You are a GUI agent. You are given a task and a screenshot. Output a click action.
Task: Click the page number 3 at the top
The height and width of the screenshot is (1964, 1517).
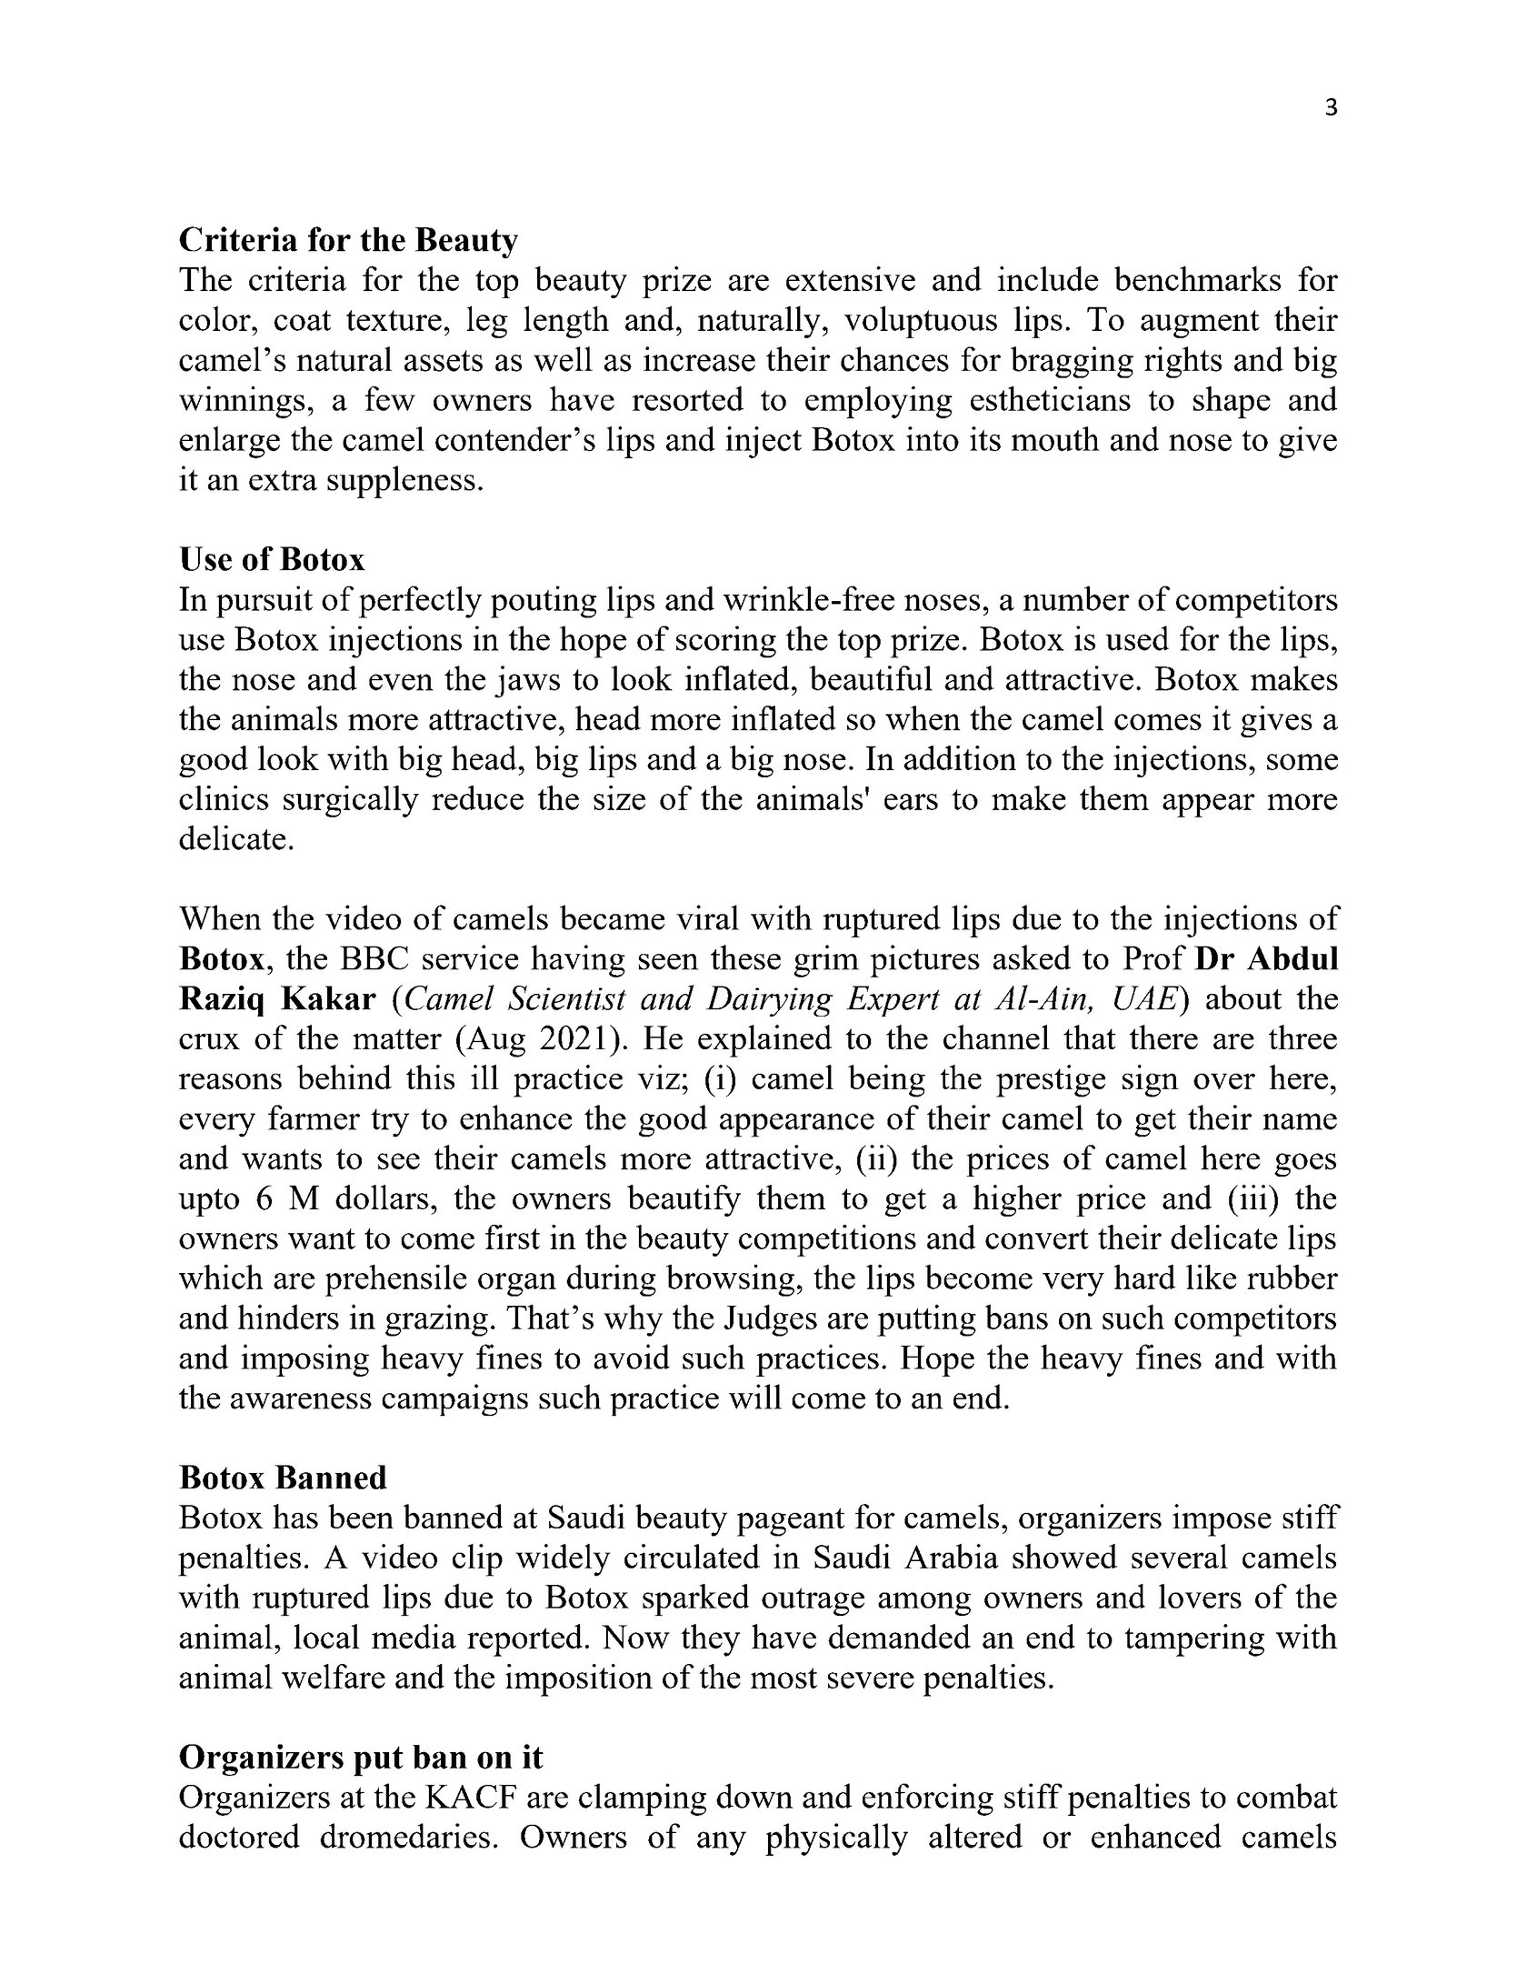(1332, 109)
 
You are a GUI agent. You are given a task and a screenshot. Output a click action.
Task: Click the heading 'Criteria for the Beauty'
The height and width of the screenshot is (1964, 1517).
(348, 240)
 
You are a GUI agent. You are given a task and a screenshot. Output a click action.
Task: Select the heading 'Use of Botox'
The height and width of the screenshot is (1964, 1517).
(272, 559)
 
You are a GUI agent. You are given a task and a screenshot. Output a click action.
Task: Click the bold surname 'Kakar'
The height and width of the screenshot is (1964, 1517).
(328, 999)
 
